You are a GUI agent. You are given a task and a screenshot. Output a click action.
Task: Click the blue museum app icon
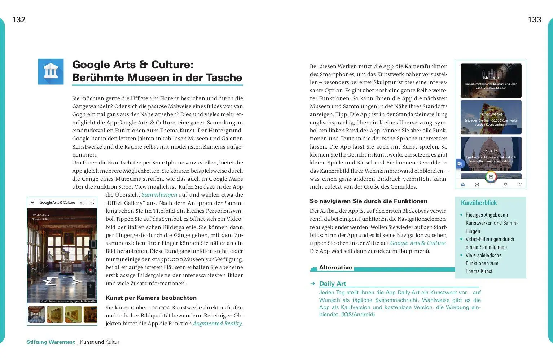pyautogui.click(x=51, y=72)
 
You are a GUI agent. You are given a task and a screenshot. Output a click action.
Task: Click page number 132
pyautogui.click(x=19, y=20)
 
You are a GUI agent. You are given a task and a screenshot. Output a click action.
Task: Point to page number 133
pyautogui.click(x=534, y=20)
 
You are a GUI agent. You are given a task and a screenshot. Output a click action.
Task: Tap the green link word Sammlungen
pyautogui.click(x=159, y=195)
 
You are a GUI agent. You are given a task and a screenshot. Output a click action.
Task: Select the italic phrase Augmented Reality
pyautogui.click(x=217, y=324)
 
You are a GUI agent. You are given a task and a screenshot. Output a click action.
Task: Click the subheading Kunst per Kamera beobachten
pyautogui.click(x=151, y=298)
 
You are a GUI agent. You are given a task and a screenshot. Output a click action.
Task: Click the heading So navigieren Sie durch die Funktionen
pyautogui.click(x=368, y=201)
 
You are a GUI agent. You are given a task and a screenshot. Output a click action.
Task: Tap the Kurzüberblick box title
pyautogui.click(x=479, y=203)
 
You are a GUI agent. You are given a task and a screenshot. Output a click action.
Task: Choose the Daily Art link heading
pyautogui.click(x=332, y=284)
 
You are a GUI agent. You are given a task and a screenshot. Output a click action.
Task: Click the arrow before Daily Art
pyautogui.click(x=313, y=284)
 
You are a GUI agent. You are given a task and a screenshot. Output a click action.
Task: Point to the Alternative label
pyautogui.click(x=335, y=268)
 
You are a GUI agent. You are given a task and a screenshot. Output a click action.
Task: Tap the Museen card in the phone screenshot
pyautogui.click(x=491, y=81)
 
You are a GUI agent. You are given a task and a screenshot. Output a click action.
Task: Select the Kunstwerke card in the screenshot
pyautogui.click(x=491, y=117)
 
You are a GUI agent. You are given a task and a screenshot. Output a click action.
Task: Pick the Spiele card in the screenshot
pyautogui.click(x=491, y=153)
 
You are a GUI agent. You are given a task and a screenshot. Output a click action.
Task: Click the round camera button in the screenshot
pyautogui.click(x=491, y=177)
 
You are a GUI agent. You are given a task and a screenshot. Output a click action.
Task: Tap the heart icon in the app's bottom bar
pyautogui.click(x=519, y=185)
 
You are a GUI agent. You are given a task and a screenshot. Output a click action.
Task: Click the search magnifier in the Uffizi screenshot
pyautogui.click(x=92, y=203)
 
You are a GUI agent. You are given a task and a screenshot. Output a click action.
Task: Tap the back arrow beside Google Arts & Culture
pyautogui.click(x=32, y=203)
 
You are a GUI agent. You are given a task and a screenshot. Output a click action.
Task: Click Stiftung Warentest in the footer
pyautogui.click(x=51, y=342)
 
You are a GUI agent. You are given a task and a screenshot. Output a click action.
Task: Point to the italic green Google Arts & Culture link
pyautogui.click(x=418, y=243)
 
